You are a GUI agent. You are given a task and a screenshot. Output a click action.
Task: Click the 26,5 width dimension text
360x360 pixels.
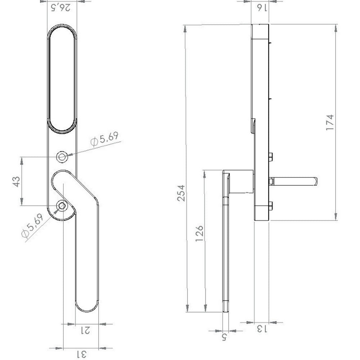point(60,8)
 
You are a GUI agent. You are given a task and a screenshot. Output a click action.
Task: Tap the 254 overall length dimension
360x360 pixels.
point(181,193)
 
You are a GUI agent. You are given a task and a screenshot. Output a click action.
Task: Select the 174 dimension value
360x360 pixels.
point(330,122)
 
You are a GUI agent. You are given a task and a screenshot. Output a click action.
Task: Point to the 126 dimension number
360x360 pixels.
point(199,233)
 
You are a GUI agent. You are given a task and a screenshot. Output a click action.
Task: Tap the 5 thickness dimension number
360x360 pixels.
point(224,338)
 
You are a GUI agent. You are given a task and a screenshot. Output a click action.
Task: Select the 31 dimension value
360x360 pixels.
point(81,354)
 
